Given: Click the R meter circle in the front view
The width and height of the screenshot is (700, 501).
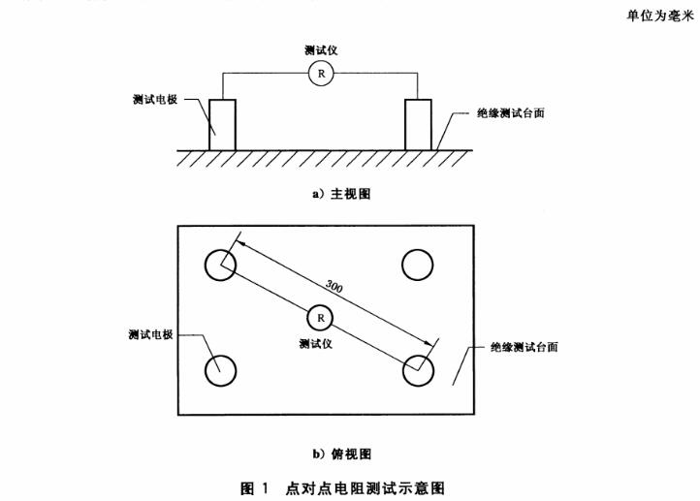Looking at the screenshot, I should click(320, 75).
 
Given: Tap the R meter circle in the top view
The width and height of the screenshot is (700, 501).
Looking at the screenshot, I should click(320, 317).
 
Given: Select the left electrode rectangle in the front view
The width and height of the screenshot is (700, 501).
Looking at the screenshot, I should click(222, 124).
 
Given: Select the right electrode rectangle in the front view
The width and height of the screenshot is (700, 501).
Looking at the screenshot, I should click(418, 124).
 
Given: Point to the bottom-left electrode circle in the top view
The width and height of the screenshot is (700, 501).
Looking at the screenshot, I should click(221, 368).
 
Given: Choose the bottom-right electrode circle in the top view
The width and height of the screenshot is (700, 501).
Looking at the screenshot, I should click(418, 368).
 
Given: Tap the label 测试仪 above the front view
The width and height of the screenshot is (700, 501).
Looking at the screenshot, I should click(320, 50).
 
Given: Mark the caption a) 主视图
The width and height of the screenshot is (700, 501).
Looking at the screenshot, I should click(340, 194).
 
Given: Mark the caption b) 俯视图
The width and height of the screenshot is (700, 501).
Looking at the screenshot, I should click(340, 453).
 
